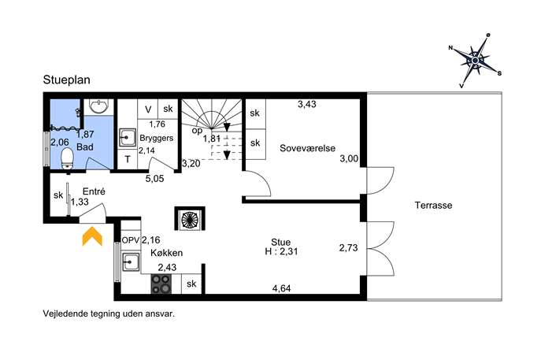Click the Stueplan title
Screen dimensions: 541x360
67,80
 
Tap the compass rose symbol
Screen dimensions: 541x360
475,61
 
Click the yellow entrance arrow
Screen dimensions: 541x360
92,236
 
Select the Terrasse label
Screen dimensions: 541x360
433,206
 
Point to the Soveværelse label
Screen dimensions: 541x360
307,148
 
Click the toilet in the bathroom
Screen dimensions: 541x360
67,159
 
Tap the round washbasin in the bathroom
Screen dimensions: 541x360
99,106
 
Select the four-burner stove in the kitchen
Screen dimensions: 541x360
161,284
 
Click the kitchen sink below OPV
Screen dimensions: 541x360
131,262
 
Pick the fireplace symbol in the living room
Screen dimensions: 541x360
190,218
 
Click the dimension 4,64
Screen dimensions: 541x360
282,288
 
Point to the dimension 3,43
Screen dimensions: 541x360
307,104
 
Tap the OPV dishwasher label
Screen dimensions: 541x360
131,240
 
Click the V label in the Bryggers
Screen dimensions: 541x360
148,109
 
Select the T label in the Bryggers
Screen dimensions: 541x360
128,159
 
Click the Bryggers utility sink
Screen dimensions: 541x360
128,138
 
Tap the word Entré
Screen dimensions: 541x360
94,191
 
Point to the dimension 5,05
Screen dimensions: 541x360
154,179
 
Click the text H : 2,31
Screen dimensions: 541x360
281,251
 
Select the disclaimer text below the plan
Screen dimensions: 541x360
109,314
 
